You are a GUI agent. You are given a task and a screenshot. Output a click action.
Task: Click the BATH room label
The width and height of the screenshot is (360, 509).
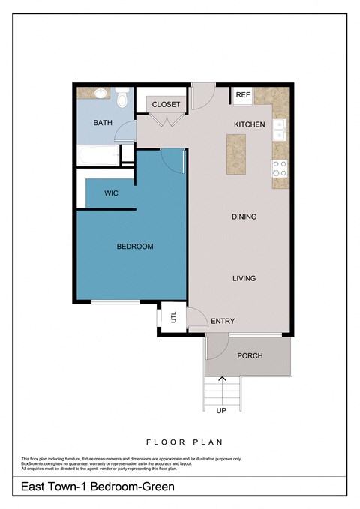pos(103,122)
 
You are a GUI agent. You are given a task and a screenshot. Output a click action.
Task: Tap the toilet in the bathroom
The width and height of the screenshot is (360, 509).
pos(124,97)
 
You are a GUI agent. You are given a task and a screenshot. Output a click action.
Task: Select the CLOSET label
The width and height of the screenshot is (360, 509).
pos(166,104)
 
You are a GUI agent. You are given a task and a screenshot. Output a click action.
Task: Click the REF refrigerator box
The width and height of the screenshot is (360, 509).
pos(242,95)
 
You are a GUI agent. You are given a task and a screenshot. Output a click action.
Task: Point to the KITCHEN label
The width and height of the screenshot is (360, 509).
pos(249,124)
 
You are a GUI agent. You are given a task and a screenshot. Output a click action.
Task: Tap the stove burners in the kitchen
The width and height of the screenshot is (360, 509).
pos(280,168)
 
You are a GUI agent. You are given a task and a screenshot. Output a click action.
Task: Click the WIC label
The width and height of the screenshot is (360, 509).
pos(111,193)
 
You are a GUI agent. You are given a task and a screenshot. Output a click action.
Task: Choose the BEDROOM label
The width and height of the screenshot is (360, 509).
pos(134,247)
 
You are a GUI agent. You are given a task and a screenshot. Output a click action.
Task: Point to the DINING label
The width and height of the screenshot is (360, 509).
pos(244,217)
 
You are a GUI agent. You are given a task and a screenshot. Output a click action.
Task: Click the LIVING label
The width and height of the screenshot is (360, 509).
pos(244,278)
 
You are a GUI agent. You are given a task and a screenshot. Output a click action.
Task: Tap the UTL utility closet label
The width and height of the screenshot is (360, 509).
pos(173,317)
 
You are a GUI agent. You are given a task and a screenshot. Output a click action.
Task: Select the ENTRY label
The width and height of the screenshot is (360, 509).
pos(223,321)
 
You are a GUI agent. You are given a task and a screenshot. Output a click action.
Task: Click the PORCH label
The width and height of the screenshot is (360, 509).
pos(250,355)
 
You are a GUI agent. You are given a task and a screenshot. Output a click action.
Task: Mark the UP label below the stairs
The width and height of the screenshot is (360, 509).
pos(220,411)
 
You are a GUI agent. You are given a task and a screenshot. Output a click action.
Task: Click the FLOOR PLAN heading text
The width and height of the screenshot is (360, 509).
pos(184,442)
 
